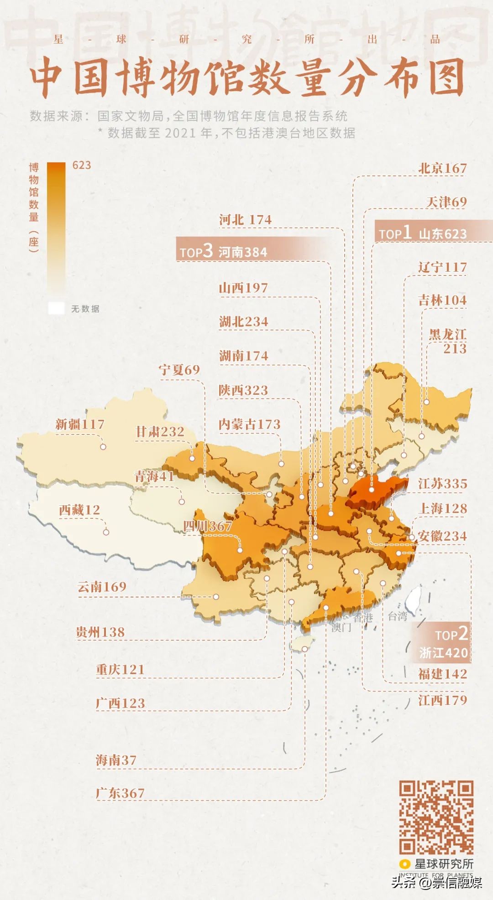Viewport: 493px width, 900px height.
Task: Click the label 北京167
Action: [442, 168]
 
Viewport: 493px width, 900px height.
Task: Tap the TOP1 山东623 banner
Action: [423, 233]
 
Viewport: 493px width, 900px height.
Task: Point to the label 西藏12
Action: [79, 510]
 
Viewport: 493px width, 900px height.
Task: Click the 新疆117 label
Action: [80, 424]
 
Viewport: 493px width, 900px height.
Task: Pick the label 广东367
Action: [120, 793]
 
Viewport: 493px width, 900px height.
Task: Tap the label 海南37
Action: [116, 760]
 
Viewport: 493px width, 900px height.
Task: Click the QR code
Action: [436, 817]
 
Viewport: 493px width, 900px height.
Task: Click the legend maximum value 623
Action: [82, 165]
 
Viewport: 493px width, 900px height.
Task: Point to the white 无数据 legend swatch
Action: [56, 308]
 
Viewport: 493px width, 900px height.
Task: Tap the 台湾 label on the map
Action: [397, 616]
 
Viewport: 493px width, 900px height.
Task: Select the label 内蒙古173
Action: [249, 424]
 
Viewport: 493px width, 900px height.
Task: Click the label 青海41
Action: [154, 476]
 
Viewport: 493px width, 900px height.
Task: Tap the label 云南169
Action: [102, 587]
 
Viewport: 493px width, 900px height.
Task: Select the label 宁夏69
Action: [179, 370]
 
